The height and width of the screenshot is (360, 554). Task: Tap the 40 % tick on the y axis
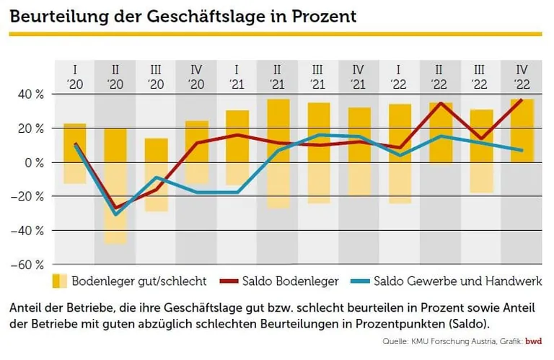click(30, 95)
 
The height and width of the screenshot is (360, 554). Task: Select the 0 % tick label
click(34, 162)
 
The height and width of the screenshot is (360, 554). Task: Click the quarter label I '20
click(74, 76)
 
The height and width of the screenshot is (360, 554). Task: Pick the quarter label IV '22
click(522, 76)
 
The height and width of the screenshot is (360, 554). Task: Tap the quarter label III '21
click(318, 76)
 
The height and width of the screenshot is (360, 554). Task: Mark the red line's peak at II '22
click(441, 103)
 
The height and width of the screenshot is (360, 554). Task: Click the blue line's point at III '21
click(319, 135)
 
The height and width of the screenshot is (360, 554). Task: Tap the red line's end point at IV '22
click(522, 100)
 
